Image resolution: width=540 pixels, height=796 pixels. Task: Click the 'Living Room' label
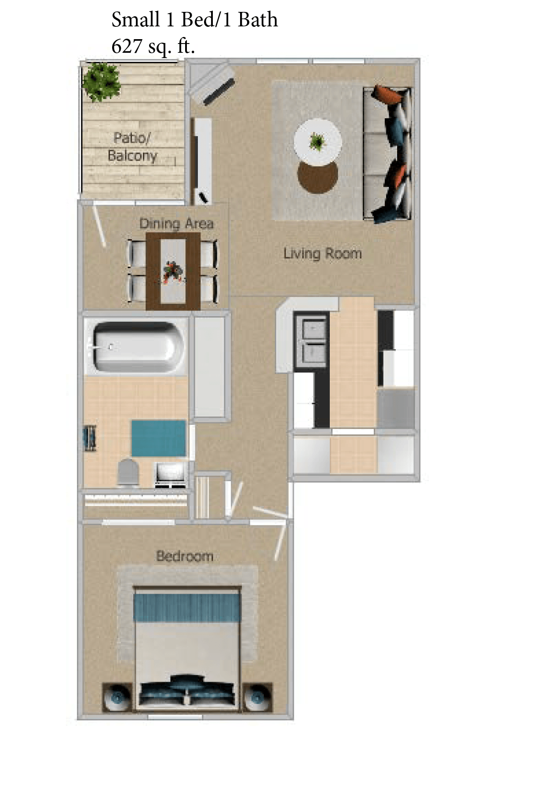[322, 254]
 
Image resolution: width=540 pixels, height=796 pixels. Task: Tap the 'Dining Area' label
[176, 223]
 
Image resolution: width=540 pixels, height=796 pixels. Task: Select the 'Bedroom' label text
[185, 556]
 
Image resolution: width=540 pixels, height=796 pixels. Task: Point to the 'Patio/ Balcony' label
[132, 147]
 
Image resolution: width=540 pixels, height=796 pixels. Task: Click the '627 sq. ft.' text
[153, 46]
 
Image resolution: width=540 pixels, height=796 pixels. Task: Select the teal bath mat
[158, 438]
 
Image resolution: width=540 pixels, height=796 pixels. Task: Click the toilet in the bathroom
[128, 473]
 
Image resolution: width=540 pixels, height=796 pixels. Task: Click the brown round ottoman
[317, 176]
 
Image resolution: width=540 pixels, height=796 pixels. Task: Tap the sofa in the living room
[387, 154]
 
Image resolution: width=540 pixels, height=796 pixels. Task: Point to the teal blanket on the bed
[187, 607]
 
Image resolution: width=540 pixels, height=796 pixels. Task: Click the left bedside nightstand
[117, 697]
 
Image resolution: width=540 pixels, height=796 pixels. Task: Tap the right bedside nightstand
[258, 697]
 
